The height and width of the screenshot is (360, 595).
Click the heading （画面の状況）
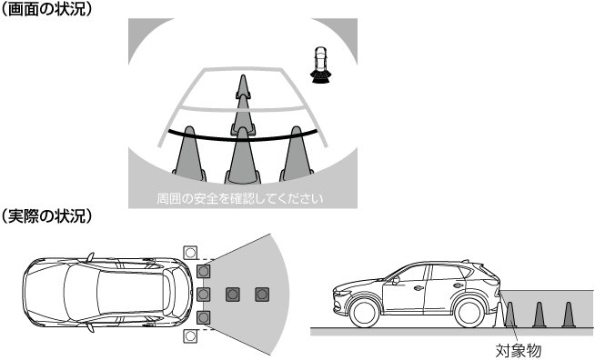point(46,9)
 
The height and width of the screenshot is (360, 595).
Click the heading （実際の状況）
point(46,215)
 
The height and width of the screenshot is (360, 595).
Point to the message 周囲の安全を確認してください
point(240,198)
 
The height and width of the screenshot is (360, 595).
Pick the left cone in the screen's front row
point(189,154)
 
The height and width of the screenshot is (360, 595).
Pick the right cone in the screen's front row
point(297,154)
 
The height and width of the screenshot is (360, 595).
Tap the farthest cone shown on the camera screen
point(243,86)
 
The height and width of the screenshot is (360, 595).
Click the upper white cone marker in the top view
point(190,252)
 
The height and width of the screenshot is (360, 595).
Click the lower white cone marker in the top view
point(190,335)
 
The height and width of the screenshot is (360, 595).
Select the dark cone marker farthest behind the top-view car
point(262,294)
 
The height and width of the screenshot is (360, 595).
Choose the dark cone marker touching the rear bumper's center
point(204,294)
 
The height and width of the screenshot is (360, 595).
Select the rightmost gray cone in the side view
point(568,315)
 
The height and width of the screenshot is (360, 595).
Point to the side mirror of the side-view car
point(396,280)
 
